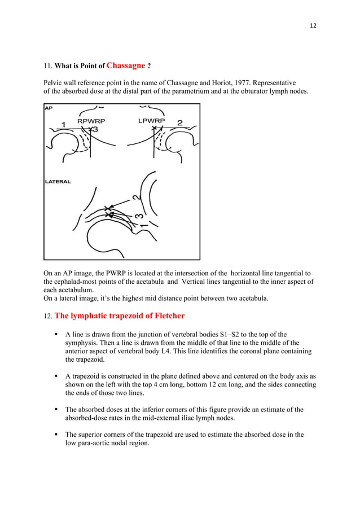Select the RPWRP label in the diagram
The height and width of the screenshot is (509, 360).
[91, 121]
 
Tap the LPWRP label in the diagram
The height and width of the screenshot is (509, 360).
[151, 120]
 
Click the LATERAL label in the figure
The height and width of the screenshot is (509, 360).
[58, 182]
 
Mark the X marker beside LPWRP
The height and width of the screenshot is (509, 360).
[153, 129]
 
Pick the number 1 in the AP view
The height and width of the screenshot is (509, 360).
[64, 124]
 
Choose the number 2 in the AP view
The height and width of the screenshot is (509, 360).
[180, 123]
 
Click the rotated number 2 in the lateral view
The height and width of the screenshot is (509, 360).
[136, 196]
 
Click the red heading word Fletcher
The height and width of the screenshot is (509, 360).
[160, 315]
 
